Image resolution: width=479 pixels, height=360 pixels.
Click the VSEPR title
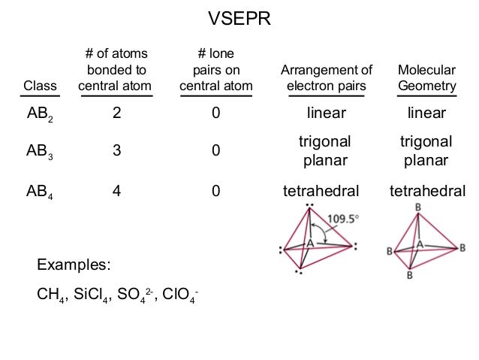(x=239, y=17)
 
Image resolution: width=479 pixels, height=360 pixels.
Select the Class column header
(x=41, y=86)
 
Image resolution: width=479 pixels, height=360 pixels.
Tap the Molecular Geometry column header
(x=426, y=78)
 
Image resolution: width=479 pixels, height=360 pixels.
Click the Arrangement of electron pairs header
(x=326, y=78)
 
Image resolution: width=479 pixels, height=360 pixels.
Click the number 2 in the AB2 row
(x=116, y=113)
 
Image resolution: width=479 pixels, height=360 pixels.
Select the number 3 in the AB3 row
(x=116, y=151)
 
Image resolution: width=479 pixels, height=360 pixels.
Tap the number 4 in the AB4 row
(x=116, y=191)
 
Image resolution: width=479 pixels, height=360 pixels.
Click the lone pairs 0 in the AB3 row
(x=215, y=151)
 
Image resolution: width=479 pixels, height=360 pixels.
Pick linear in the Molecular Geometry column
(x=426, y=113)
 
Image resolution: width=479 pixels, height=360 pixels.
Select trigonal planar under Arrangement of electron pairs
(x=326, y=151)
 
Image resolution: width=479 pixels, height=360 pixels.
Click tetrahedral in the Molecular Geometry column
(x=426, y=191)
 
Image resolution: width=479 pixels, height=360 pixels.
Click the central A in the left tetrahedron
(x=309, y=244)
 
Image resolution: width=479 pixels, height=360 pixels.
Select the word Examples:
(x=74, y=265)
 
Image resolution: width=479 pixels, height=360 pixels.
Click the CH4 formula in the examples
(x=50, y=293)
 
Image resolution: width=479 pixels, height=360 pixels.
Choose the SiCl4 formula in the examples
(x=93, y=293)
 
